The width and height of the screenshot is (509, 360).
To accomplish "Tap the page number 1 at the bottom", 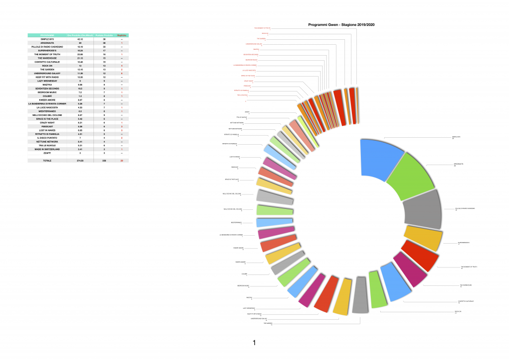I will click(254, 343).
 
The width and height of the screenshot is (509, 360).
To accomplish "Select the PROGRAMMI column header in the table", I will click(47, 35).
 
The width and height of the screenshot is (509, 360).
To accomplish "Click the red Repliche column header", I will click(122, 35).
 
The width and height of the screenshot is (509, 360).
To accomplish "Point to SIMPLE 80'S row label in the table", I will click(47, 39).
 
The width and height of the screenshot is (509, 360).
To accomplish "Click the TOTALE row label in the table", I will click(47, 161).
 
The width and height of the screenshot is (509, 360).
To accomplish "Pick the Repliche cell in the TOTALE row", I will click(122, 161).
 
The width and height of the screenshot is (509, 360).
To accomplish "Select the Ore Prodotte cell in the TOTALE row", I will click(80, 161).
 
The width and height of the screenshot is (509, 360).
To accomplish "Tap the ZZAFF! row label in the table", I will click(47, 153).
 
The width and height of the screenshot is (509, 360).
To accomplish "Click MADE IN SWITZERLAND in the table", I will click(47, 149).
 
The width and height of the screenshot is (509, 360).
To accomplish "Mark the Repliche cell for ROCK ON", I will click(122, 66).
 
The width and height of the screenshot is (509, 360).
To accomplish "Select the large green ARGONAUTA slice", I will click(413, 177).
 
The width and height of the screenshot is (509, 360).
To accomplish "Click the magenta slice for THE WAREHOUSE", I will click(409, 271).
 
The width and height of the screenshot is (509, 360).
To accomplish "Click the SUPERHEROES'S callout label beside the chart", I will click(463, 243).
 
